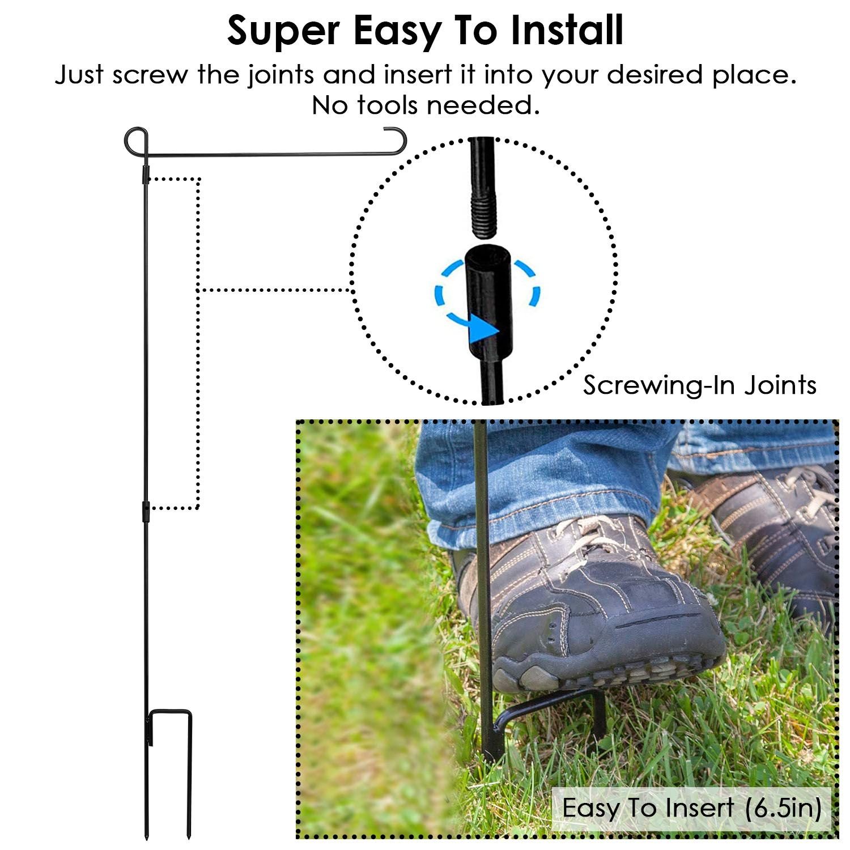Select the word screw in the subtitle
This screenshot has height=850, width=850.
[x=148, y=75]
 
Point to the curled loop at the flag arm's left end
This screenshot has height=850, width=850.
[x=137, y=142]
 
